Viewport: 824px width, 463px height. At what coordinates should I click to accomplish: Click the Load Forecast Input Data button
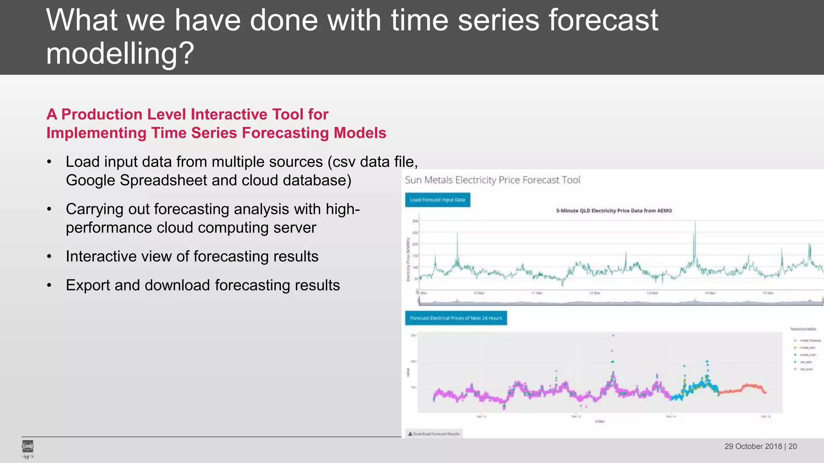tap(437, 200)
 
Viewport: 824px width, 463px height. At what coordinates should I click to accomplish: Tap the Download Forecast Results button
tap(434, 434)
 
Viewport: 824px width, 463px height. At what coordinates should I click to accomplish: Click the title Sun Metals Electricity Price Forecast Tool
tap(492, 180)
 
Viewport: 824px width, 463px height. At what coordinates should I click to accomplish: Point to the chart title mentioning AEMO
tap(614, 211)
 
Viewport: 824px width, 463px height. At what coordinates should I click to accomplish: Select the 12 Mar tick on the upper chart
tap(594, 293)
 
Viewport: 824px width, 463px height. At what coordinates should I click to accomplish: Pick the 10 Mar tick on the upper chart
tap(479, 293)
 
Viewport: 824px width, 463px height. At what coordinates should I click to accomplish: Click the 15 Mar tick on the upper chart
tap(768, 293)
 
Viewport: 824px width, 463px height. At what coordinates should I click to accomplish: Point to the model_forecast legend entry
tap(810, 340)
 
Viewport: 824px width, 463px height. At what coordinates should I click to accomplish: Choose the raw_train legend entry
tap(806, 369)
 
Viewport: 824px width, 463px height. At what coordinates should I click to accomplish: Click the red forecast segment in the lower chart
tap(744, 388)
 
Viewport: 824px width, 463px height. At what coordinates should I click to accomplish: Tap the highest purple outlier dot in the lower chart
tap(613, 335)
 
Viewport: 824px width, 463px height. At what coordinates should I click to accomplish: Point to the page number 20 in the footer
tap(793, 447)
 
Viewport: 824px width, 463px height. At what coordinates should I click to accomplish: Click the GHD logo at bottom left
tap(27, 447)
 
